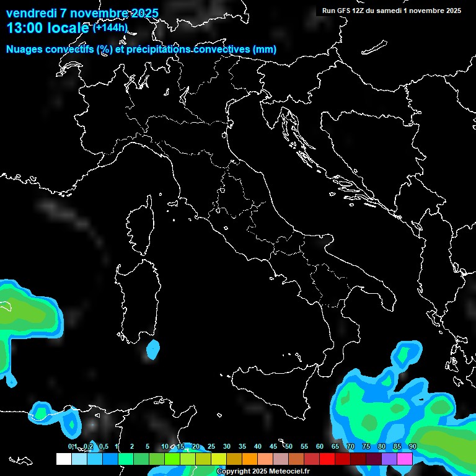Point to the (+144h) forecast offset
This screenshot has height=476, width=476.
[x=110, y=27]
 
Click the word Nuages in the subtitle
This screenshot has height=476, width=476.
[x=25, y=49]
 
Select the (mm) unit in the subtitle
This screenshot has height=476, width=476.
[x=264, y=49]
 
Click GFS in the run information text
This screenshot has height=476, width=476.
[x=344, y=11]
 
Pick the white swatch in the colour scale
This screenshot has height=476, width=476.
[x=63, y=459]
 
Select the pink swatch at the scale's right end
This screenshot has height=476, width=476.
[x=405, y=459]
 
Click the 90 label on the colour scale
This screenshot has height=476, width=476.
[x=412, y=446]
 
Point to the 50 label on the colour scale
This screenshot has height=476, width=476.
[x=288, y=446]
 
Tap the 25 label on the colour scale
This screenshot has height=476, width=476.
[x=211, y=446]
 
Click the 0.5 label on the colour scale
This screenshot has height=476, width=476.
[x=103, y=446]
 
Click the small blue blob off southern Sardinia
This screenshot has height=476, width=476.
[x=152, y=350]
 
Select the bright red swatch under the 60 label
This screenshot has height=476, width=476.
[x=327, y=459]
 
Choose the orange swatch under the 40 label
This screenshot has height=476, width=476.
[x=250, y=459]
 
